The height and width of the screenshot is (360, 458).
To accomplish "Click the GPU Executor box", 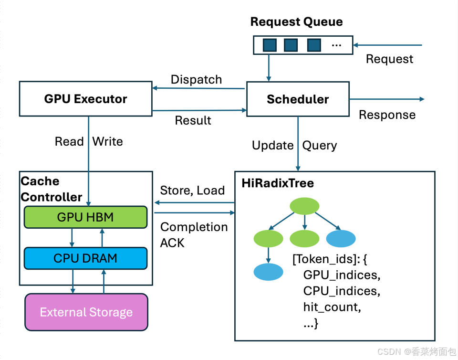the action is coord(85,99).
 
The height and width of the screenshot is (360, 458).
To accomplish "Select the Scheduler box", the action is coord(298,99).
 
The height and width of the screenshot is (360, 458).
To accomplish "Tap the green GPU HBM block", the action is coord(85,217).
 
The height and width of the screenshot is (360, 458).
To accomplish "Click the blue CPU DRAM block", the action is coord(85,258).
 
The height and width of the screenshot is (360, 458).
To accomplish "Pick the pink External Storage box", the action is coord(86,312).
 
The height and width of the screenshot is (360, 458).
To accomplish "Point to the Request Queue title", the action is coord(296,22).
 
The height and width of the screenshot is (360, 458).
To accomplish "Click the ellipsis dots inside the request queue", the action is coord(336,45).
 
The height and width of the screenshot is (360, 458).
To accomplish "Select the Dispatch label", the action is coord(196,79).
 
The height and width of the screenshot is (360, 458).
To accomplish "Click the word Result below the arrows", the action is coord(193,120).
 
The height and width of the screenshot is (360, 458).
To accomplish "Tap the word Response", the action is coord(387,115).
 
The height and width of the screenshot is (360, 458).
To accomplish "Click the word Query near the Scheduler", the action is coord(320,146).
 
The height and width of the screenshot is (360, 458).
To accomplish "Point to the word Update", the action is coord(273,146).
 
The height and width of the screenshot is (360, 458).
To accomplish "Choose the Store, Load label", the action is coord(192,191).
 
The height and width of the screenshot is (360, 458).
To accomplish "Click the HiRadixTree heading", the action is coord(278,183).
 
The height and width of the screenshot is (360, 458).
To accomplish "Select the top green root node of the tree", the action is coord(304,206).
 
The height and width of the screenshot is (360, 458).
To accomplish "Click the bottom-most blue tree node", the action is coord(268,272).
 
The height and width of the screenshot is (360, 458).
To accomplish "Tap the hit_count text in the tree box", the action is coord(332,307).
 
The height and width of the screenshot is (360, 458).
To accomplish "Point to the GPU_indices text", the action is coord(342,275).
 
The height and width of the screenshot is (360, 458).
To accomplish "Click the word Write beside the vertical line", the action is coord(107,141).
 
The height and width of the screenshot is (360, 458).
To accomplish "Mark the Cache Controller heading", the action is coord(52,189).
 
